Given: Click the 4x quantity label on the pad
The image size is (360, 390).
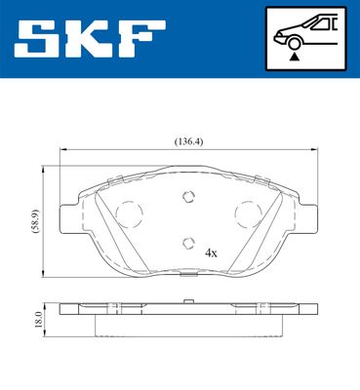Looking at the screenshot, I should pyautogui.click(x=211, y=252).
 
